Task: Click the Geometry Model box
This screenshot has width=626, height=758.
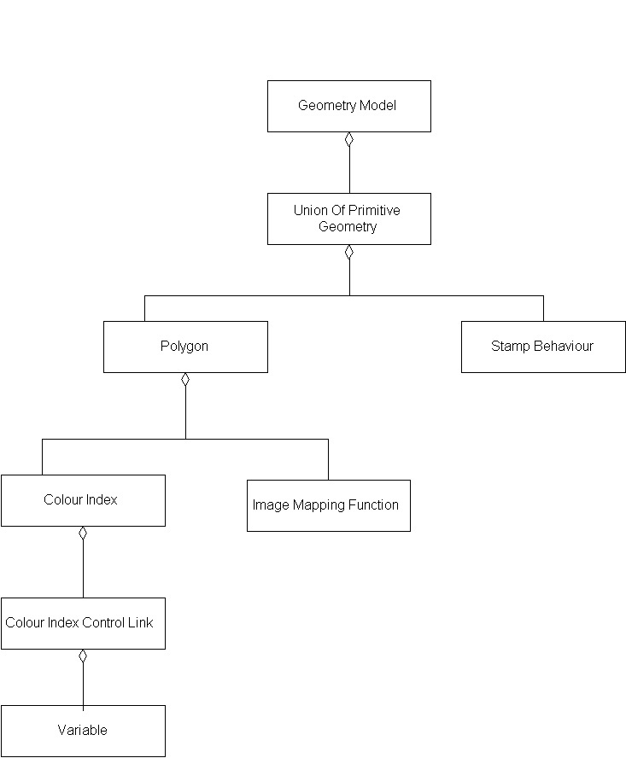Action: pyautogui.click(x=348, y=107)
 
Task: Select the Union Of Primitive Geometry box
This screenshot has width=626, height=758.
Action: pyautogui.click(x=348, y=219)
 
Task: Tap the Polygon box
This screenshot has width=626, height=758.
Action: pyautogui.click(x=185, y=347)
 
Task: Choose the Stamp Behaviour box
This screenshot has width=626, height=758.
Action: pyautogui.click(x=543, y=347)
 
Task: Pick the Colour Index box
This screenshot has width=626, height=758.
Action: pyautogui.click(x=83, y=500)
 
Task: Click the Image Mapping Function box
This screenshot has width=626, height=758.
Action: pyautogui.click(x=328, y=505)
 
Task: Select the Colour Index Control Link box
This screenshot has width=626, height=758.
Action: pyautogui.click(x=83, y=623)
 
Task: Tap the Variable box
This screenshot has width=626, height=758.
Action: pyautogui.click(x=83, y=731)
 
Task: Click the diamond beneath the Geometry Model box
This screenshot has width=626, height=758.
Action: pyautogui.click(x=348, y=140)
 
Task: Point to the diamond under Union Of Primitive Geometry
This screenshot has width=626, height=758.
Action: pyautogui.click(x=348, y=253)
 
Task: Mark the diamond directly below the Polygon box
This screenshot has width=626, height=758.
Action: pyautogui.click(x=185, y=381)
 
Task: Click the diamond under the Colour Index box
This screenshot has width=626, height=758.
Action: pyautogui.click(x=83, y=534)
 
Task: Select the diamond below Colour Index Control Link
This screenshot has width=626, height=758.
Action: pyautogui.click(x=83, y=656)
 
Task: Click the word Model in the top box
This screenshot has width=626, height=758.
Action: pyautogui.click(x=377, y=106)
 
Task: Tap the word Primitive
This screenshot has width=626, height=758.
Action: pyautogui.click(x=374, y=211)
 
